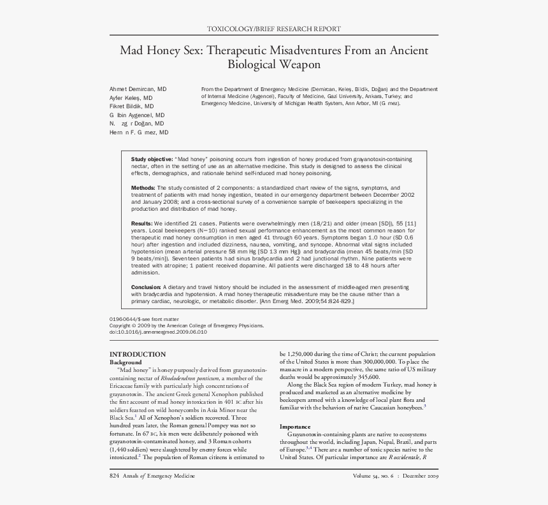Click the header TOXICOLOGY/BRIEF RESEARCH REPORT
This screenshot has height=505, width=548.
click(274, 29)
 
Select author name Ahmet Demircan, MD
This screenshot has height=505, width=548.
click(138, 89)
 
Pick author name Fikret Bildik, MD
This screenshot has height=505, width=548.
click(131, 106)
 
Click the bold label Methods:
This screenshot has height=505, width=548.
click(143, 188)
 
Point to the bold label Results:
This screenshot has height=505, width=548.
click(142, 224)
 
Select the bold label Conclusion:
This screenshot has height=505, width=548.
click(147, 288)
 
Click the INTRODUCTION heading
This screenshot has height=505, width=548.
click(138, 354)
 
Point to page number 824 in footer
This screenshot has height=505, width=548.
click(115, 476)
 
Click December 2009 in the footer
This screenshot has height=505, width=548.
click(420, 476)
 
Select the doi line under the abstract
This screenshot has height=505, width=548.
click(158, 332)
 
